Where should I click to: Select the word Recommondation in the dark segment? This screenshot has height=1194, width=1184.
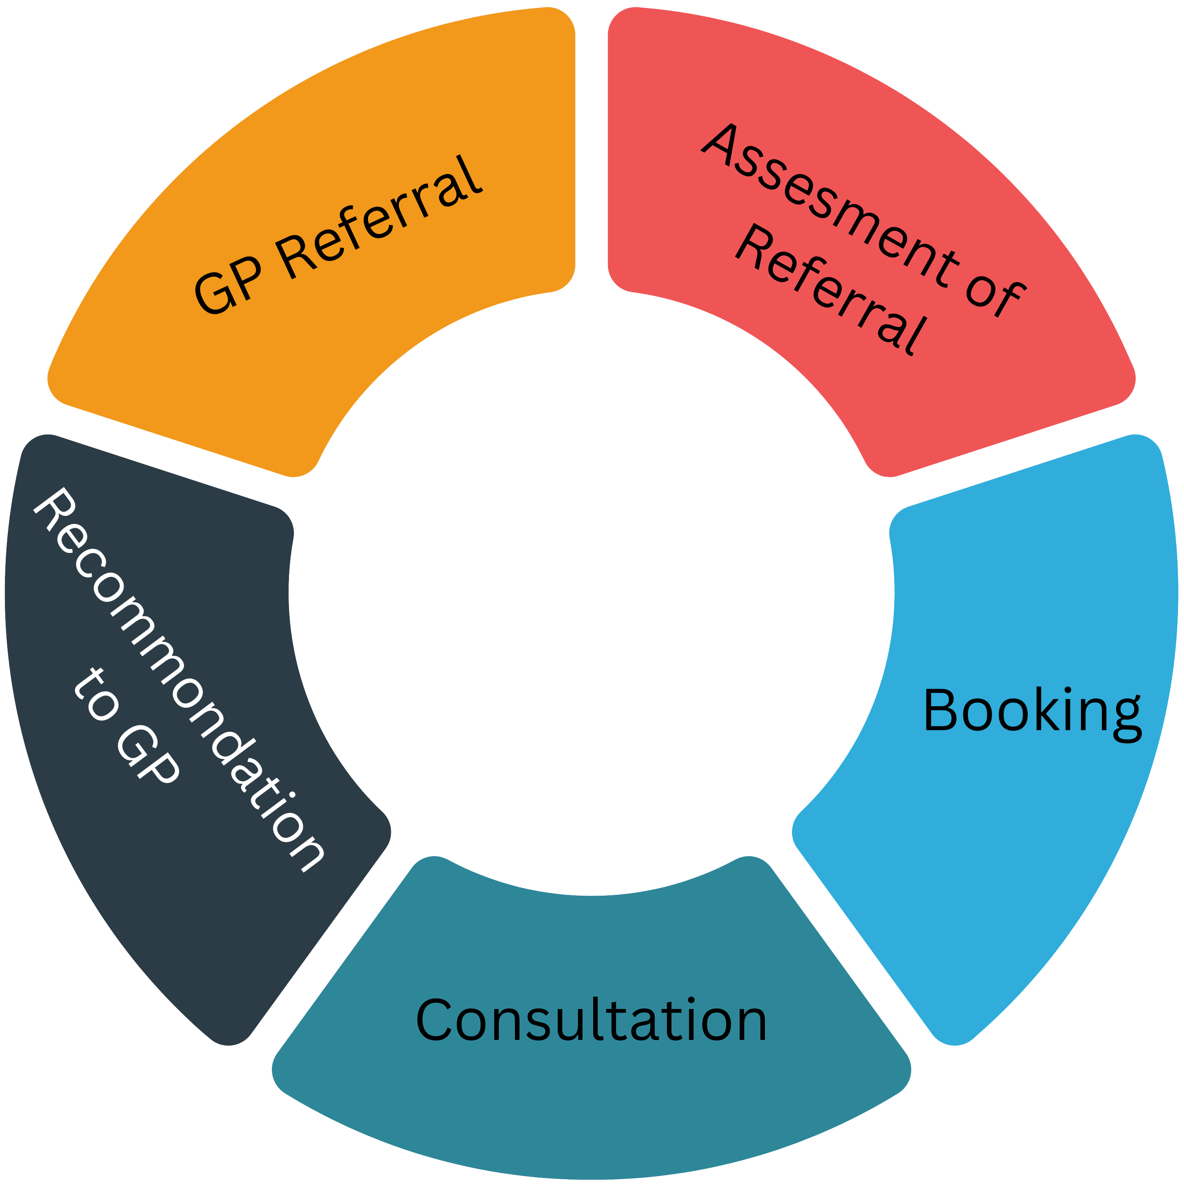point(179,680)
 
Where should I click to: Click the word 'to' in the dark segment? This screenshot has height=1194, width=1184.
point(96,695)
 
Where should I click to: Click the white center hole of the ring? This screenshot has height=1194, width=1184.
point(591,593)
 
